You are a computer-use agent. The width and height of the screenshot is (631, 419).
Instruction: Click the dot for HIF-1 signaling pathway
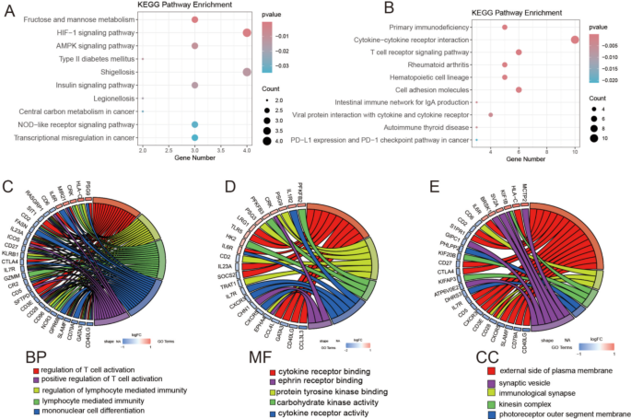pyautogui.click(x=247, y=32)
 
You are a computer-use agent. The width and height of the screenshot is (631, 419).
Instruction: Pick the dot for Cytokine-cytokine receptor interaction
pyautogui.click(x=575, y=40)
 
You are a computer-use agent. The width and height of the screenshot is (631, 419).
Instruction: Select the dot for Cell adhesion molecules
pyautogui.click(x=519, y=89)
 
